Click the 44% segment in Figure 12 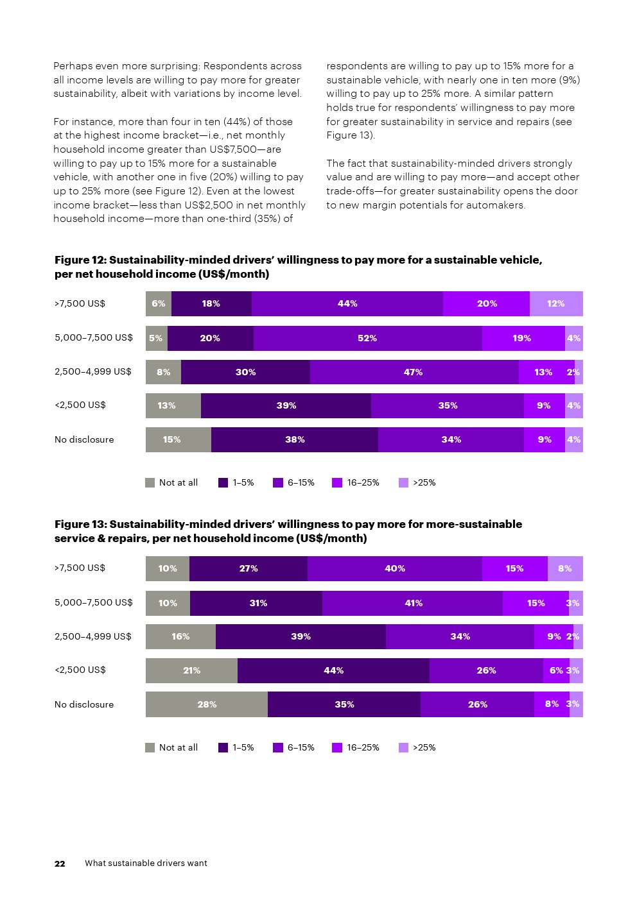click(x=347, y=303)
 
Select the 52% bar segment click(x=367, y=338)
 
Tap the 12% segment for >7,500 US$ click(x=556, y=303)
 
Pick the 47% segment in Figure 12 click(x=414, y=372)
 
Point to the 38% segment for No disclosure click(x=295, y=439)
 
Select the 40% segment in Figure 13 click(x=394, y=568)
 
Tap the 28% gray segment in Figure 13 click(x=207, y=704)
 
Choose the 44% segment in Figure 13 click(x=333, y=670)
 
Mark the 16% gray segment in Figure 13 click(x=180, y=636)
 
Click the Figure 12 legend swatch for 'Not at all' click(x=150, y=482)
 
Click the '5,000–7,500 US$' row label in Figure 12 click(x=94, y=337)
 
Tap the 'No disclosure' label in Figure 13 click(x=84, y=704)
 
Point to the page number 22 click(x=60, y=863)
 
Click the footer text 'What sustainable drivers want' click(x=146, y=863)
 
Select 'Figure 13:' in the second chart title click(x=80, y=524)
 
